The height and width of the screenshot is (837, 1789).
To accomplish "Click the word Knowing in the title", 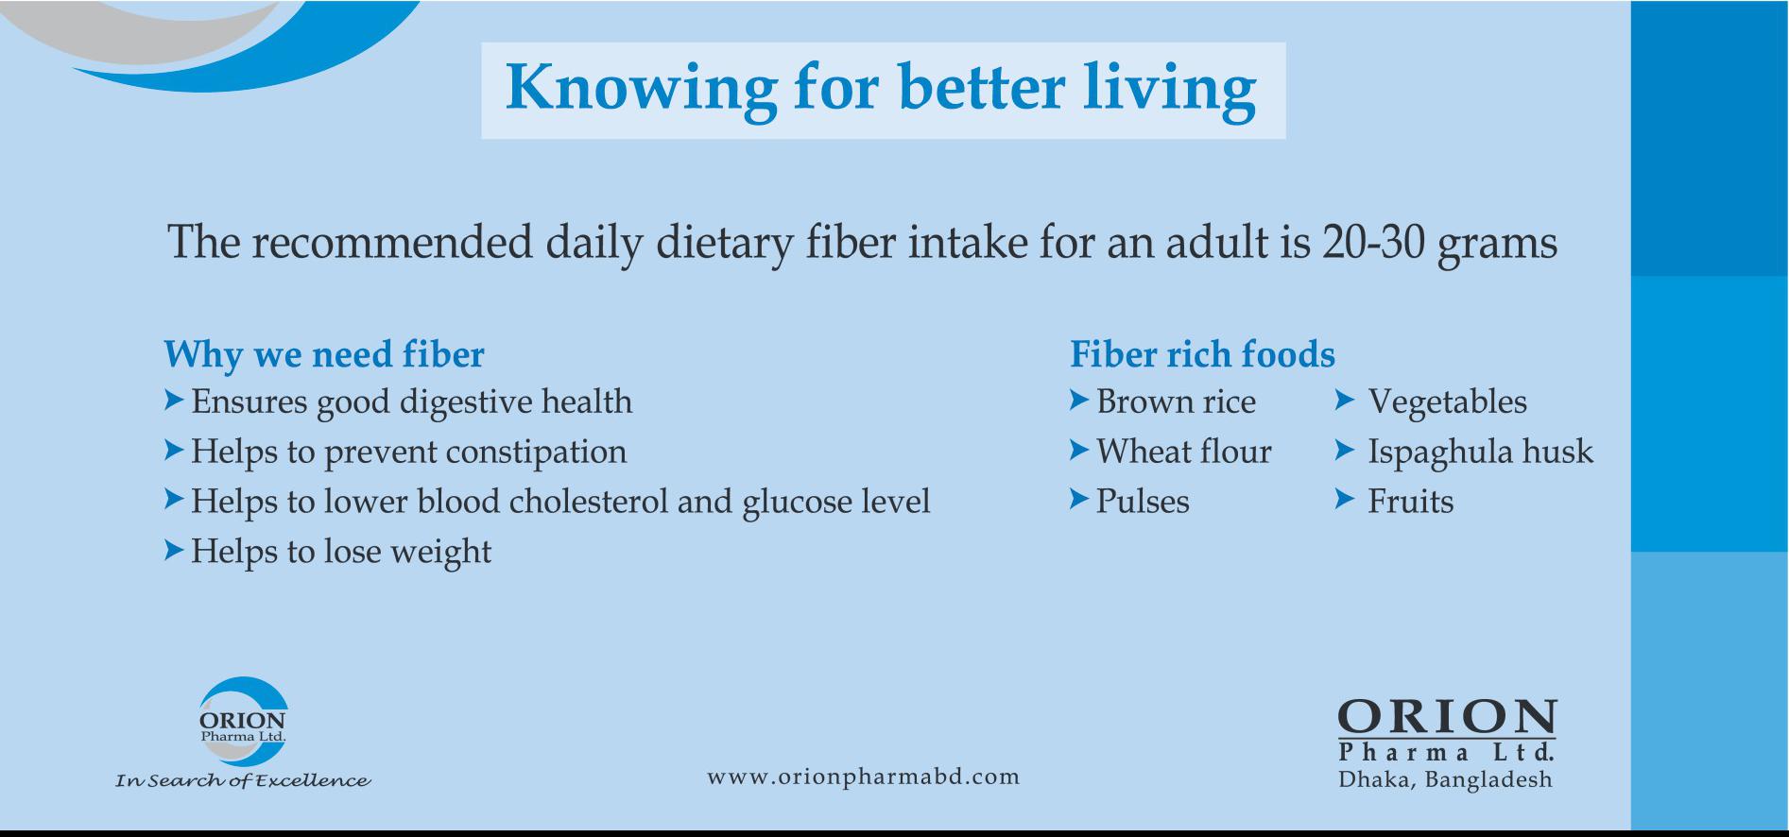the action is (642, 90).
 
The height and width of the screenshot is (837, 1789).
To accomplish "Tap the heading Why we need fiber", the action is (324, 355).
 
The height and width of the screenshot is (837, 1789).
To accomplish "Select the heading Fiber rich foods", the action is (1202, 355).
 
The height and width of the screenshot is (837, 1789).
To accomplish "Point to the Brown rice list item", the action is (1176, 402).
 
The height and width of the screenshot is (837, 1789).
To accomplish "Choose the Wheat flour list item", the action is (1184, 452).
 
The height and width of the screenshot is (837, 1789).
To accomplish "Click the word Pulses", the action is (1143, 502).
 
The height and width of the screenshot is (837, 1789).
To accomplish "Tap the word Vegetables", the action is (1447, 403).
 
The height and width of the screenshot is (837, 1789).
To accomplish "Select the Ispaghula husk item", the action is (1480, 453).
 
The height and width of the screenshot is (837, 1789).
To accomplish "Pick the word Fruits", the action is (1410, 502).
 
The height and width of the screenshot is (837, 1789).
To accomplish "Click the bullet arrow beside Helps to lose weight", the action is (173, 550).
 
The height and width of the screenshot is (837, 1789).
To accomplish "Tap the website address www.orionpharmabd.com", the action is (864, 777).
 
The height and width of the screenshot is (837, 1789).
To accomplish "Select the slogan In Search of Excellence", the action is (243, 780).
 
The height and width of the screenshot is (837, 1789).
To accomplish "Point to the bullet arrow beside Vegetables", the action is (1345, 401).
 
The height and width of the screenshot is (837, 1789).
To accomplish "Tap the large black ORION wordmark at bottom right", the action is (1447, 719).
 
